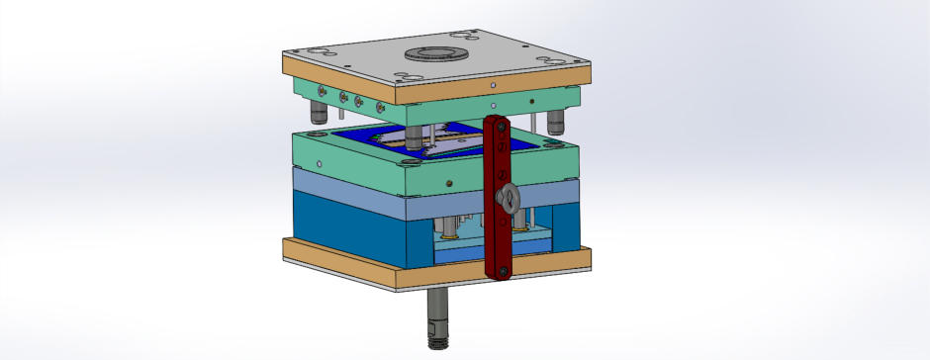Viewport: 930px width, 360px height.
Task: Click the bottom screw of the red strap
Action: (x=502, y=269)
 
